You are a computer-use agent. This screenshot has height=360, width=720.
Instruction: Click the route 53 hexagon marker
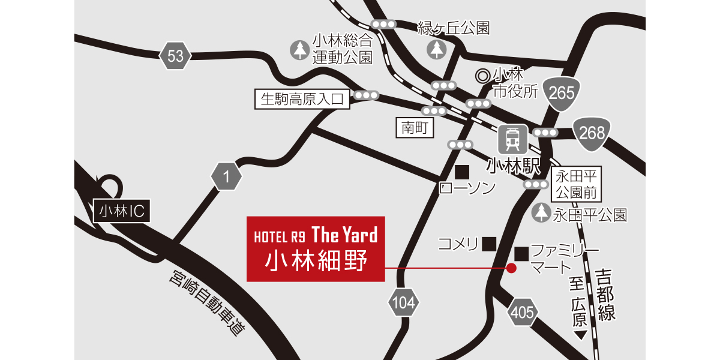(x=175, y=57)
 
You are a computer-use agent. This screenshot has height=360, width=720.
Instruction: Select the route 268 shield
(x=592, y=133)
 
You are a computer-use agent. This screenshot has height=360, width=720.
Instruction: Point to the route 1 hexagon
(x=226, y=177)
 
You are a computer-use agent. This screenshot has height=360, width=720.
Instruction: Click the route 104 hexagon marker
(x=403, y=304)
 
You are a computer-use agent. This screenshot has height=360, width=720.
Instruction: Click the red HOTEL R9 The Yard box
(x=316, y=248)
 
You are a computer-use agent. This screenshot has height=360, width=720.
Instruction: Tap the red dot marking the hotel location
(x=511, y=268)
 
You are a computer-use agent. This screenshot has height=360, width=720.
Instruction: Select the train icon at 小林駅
(x=512, y=139)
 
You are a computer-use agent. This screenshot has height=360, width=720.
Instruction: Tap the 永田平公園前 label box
(x=576, y=185)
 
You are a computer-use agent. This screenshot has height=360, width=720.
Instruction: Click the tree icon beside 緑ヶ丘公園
(x=436, y=49)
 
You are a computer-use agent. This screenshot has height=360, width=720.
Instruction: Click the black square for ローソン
(x=461, y=172)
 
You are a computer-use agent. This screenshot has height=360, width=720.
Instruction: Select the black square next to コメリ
(x=490, y=244)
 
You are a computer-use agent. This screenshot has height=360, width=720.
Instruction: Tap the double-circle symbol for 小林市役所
(x=482, y=76)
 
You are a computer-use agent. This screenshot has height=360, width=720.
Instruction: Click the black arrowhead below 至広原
(x=580, y=335)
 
